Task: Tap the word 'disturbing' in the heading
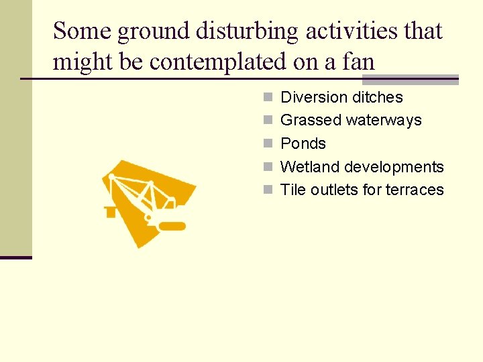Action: [x=243, y=31]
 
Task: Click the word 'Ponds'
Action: [x=303, y=143]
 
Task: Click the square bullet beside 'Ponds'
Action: [x=268, y=143]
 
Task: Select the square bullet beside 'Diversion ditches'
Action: [x=268, y=97]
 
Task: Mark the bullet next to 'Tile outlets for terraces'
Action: [x=268, y=190]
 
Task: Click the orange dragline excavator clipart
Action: [x=148, y=201]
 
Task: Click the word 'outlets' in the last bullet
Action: [x=332, y=190]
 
